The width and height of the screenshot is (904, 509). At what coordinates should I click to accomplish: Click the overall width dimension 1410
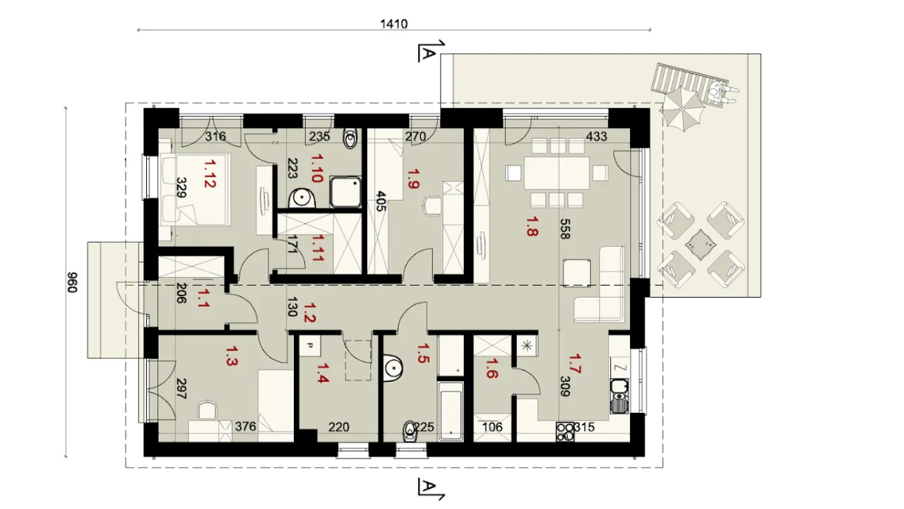[394, 24]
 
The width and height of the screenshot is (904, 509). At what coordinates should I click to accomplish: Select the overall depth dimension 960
[72, 282]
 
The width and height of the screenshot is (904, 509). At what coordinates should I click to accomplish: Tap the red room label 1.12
[210, 174]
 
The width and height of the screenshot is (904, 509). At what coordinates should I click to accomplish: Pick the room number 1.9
[414, 179]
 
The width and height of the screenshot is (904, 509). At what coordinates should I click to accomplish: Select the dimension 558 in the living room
[566, 229]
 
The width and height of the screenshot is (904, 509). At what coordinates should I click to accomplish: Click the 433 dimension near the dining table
[597, 136]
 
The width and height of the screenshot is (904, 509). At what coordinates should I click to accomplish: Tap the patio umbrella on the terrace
[682, 109]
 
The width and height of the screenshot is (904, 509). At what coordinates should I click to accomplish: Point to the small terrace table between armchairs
[701, 245]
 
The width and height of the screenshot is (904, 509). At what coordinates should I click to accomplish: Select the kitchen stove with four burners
[565, 432]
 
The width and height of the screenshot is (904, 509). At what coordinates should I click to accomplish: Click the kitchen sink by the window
[619, 396]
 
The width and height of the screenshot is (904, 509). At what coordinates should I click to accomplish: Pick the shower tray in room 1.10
[345, 192]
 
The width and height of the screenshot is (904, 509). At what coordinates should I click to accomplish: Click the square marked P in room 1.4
[310, 346]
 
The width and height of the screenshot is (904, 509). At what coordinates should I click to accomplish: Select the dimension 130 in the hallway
[292, 307]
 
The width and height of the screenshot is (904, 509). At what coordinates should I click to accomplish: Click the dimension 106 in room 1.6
[492, 427]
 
